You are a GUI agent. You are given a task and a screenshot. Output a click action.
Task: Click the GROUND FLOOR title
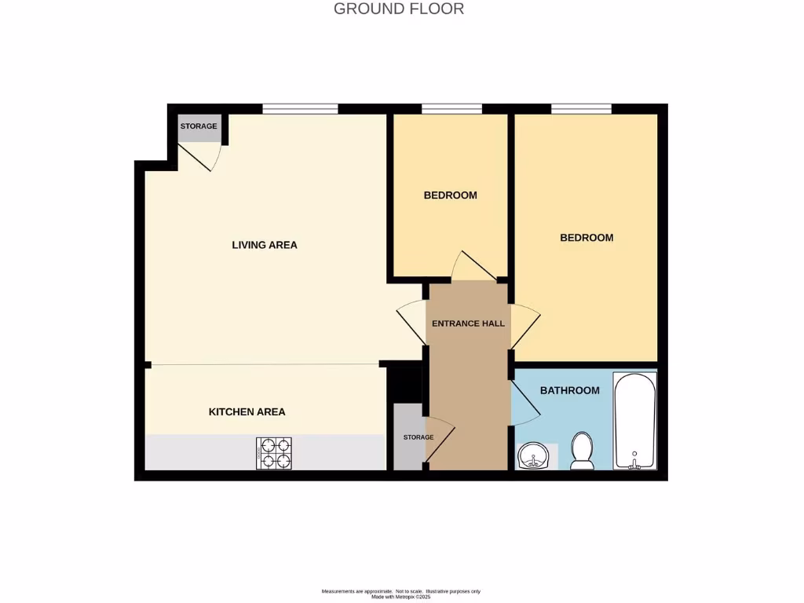pos(399,9)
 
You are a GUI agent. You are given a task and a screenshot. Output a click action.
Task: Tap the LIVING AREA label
pos(265,245)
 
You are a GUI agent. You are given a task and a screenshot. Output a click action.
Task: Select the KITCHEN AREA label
pos(247,411)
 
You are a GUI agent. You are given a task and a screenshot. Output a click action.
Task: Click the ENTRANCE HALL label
pos(468,323)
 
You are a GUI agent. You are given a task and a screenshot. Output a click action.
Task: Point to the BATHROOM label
pos(569,390)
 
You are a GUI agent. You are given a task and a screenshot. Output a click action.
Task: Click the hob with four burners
pos(273,453)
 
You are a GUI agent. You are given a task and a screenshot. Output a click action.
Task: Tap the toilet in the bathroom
pos(582,451)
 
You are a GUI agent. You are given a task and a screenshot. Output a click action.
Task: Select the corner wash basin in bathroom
pos(532,455)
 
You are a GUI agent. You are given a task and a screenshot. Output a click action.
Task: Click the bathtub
pos(634,421)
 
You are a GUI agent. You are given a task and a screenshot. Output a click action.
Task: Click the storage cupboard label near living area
pos(199,126)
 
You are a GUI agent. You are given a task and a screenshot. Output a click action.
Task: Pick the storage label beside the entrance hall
pos(418,437)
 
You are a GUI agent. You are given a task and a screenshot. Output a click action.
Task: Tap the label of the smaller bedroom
pos(450,196)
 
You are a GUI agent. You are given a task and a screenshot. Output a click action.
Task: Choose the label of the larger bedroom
pos(587,238)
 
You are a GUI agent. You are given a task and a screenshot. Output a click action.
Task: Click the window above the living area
pos(300,109)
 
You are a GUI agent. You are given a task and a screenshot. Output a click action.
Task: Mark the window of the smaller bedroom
pos(451,109)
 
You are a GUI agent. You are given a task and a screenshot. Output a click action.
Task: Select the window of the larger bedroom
pos(581,109)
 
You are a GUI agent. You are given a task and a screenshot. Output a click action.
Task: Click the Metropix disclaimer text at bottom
pos(401,594)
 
